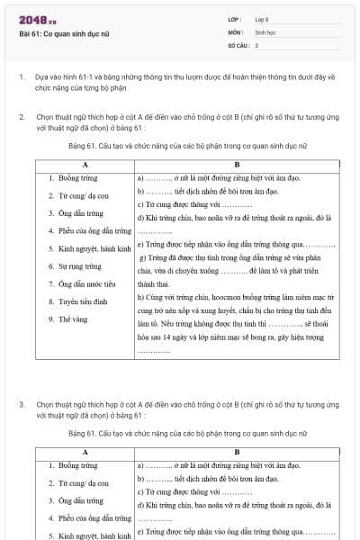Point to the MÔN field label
[235, 31]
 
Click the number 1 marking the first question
[21, 78]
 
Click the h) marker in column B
[140, 295]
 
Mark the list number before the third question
[21, 404]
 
